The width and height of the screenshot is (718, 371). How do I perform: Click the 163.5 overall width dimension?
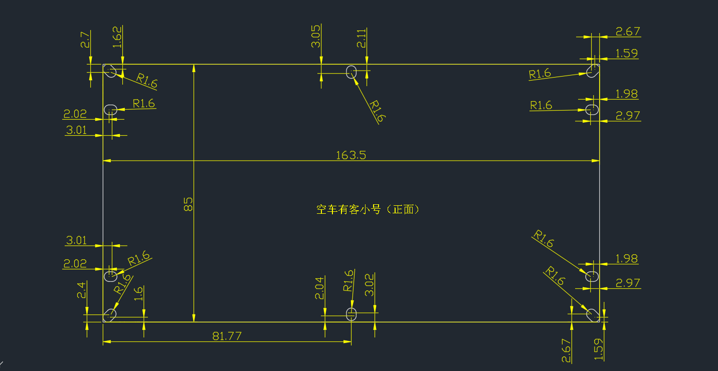point(351,155)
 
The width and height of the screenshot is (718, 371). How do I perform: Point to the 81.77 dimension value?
point(227,336)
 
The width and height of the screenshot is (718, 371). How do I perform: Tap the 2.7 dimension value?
point(85,40)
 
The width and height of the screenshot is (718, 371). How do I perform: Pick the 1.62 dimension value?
point(117,37)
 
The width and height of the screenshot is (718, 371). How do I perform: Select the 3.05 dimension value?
point(316,37)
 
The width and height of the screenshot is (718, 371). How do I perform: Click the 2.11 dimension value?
point(362,38)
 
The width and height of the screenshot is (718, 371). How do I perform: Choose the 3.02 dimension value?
point(369,285)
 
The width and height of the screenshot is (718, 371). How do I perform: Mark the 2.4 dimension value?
point(82,290)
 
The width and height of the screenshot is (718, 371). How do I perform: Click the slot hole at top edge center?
point(351,71)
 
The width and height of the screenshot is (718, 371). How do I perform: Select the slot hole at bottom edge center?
point(351,314)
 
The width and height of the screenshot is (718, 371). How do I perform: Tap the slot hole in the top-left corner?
point(110,71)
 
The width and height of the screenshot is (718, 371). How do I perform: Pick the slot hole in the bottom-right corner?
point(592,314)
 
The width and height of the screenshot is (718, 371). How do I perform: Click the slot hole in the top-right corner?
point(592,71)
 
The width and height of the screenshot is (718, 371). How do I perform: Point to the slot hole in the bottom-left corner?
point(110,314)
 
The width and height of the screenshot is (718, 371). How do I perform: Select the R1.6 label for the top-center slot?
point(377,111)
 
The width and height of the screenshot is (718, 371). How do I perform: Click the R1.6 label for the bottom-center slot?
point(348,280)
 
